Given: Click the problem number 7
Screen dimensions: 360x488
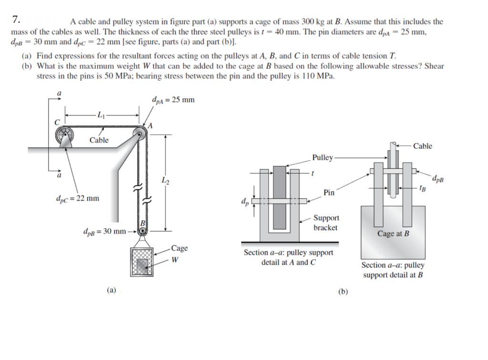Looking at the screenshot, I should (16, 20).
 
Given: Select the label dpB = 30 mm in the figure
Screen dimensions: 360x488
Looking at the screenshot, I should (104, 232).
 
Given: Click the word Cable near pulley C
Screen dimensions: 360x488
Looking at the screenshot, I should (99, 140).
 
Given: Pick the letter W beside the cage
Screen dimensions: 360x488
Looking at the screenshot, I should (175, 260).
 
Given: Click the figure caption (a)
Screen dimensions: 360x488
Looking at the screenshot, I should (111, 289).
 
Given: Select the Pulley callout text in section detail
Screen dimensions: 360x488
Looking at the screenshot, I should (323, 157).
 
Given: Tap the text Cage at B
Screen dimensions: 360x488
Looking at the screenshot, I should (393, 233).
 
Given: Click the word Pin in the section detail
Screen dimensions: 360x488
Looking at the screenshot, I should (328, 192).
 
